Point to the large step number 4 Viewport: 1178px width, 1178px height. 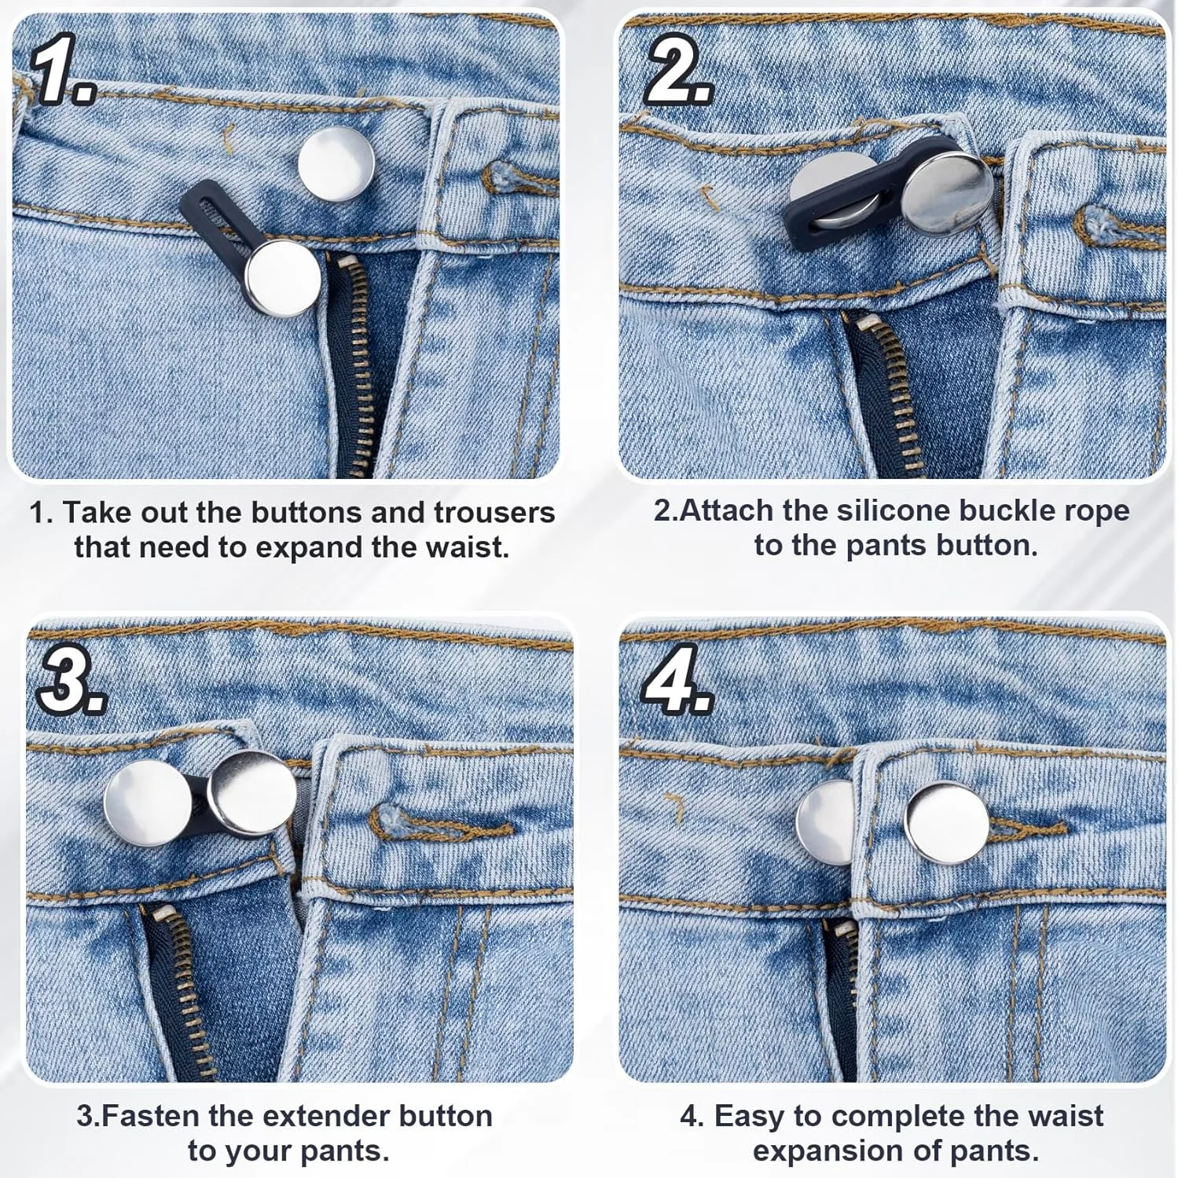click(677, 680)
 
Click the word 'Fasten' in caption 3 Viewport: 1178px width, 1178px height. click(150, 1116)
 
